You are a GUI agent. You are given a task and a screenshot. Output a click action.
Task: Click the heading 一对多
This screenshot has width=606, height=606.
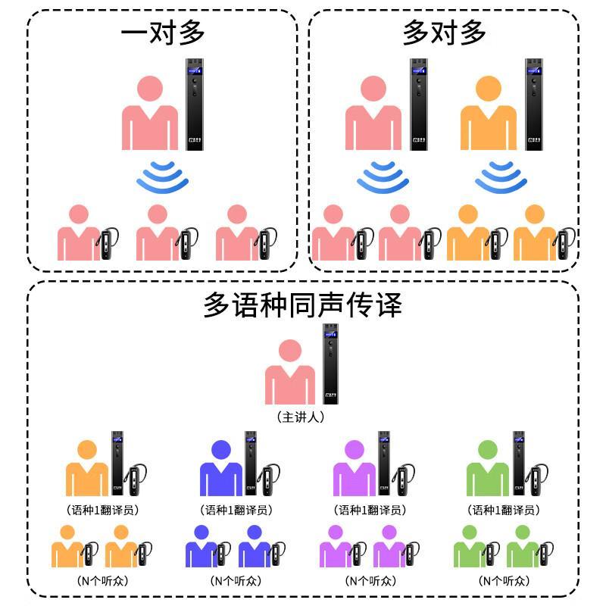[x=163, y=33]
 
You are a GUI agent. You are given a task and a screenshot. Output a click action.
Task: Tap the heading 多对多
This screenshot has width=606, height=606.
[x=444, y=33]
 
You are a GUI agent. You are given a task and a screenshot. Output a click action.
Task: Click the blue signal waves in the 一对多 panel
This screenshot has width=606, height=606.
[x=163, y=177]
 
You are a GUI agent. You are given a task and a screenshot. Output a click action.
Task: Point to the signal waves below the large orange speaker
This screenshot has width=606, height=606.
[x=501, y=177]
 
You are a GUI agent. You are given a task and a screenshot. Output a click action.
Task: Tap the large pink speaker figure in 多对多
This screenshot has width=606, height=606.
[x=373, y=114]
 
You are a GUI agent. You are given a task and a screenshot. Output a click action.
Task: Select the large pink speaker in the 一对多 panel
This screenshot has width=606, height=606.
[x=151, y=114]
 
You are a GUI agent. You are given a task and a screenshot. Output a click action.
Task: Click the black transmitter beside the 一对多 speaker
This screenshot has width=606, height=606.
[x=195, y=105]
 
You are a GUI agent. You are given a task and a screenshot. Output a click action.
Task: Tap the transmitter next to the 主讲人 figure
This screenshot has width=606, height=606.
[x=330, y=364]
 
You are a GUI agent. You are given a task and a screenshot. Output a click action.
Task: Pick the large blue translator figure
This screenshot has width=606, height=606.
[x=220, y=470]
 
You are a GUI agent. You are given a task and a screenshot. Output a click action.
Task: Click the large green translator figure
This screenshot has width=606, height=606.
[x=486, y=470]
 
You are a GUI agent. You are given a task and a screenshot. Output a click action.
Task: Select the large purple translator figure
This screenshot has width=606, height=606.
[x=354, y=470]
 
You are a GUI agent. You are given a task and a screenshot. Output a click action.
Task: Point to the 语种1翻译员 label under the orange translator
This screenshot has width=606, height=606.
[x=102, y=510]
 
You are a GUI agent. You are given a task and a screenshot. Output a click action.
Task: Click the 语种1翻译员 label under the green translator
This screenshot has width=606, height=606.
[x=503, y=510]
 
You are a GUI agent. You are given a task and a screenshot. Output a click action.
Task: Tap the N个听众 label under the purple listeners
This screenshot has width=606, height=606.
[x=370, y=581]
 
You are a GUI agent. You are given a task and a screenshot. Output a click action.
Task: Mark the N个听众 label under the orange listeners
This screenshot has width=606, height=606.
[x=102, y=581]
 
